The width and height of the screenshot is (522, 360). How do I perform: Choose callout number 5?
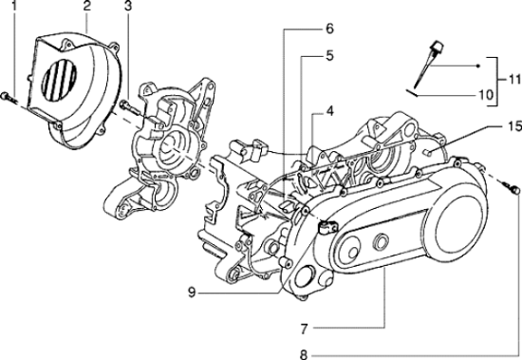(x=329, y=56)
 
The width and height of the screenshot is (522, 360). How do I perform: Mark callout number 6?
(x=329, y=28)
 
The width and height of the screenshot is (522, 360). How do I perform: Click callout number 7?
(x=305, y=329)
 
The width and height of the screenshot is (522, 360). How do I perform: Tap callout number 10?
(x=485, y=95)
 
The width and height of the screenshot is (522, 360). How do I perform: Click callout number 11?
(x=513, y=77)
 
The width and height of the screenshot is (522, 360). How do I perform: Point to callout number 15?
(x=513, y=125)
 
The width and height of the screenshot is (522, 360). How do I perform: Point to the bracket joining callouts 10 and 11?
(x=495, y=78)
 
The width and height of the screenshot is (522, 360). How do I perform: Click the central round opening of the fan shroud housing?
(x=171, y=142)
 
